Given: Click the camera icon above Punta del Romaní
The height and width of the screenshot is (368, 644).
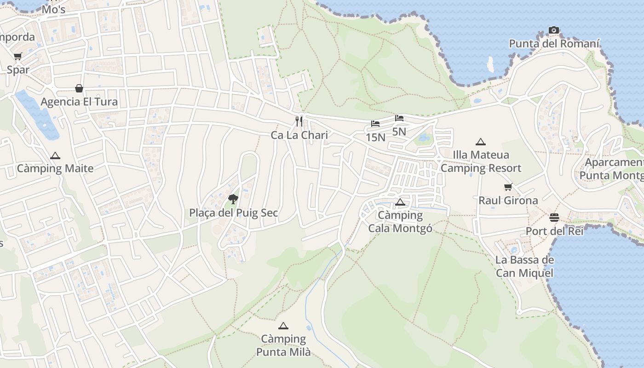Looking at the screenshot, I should pyautogui.click(x=554, y=30).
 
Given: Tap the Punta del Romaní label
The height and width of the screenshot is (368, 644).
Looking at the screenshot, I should pyautogui.click(x=554, y=44).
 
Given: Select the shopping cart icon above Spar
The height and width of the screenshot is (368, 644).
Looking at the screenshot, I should pyautogui.click(x=17, y=57).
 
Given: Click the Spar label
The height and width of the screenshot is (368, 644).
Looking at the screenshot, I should pyautogui.click(x=18, y=70).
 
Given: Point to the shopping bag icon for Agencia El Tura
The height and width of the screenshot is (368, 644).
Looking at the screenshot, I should pyautogui.click(x=79, y=88).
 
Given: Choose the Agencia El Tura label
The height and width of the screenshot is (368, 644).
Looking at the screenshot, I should pyautogui.click(x=79, y=102).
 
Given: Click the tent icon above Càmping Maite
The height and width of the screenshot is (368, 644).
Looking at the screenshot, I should pyautogui.click(x=55, y=155).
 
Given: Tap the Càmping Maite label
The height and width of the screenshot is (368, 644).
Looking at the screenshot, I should pyautogui.click(x=55, y=168).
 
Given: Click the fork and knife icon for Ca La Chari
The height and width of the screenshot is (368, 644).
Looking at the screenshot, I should pyautogui.click(x=299, y=121).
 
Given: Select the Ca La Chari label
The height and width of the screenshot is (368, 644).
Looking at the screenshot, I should pyautogui.click(x=299, y=135).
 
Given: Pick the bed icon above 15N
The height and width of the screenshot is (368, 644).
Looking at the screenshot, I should pyautogui.click(x=375, y=124).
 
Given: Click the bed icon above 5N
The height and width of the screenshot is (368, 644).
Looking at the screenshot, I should pyautogui.click(x=399, y=118).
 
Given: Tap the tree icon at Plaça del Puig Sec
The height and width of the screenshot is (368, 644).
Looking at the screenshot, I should pyautogui.click(x=233, y=199).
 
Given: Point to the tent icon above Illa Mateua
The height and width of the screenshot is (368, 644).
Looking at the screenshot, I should pyautogui.click(x=481, y=142).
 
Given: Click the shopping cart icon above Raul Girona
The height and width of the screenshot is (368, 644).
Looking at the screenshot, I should pyautogui.click(x=508, y=187).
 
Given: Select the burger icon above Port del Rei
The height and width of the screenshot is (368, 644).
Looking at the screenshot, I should pyautogui.click(x=554, y=218).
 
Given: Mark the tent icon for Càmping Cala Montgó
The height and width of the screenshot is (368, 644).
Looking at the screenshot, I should pyautogui.click(x=400, y=202).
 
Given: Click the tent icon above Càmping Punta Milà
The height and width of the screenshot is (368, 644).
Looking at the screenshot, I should pyautogui.click(x=283, y=326).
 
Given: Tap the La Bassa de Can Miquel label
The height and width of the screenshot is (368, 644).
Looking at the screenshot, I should pyautogui.click(x=524, y=266).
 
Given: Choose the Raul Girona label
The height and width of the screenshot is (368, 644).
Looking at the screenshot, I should pyautogui.click(x=508, y=201).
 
